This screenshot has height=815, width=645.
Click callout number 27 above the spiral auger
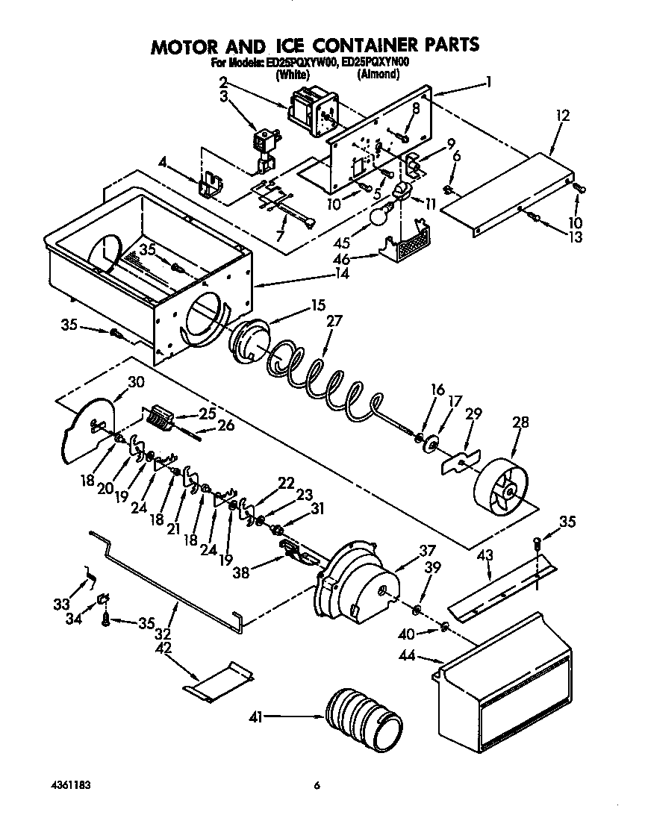(x=334, y=322)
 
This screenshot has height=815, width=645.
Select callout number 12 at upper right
(x=562, y=116)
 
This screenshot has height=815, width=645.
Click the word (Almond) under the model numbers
(x=383, y=75)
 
